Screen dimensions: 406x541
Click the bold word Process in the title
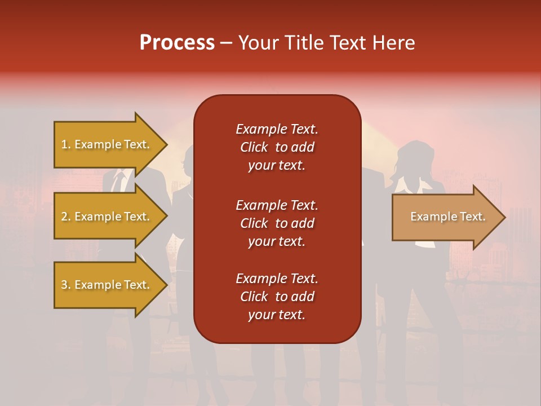[x=177, y=43]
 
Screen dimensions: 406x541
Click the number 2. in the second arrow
[x=66, y=217]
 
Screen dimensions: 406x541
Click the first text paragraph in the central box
[x=277, y=147]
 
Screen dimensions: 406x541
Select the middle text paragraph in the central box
[x=277, y=223]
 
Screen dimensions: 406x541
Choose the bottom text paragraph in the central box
[x=277, y=297]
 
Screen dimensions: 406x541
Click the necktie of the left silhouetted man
[x=118, y=182]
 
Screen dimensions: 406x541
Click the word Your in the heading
[x=257, y=43]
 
